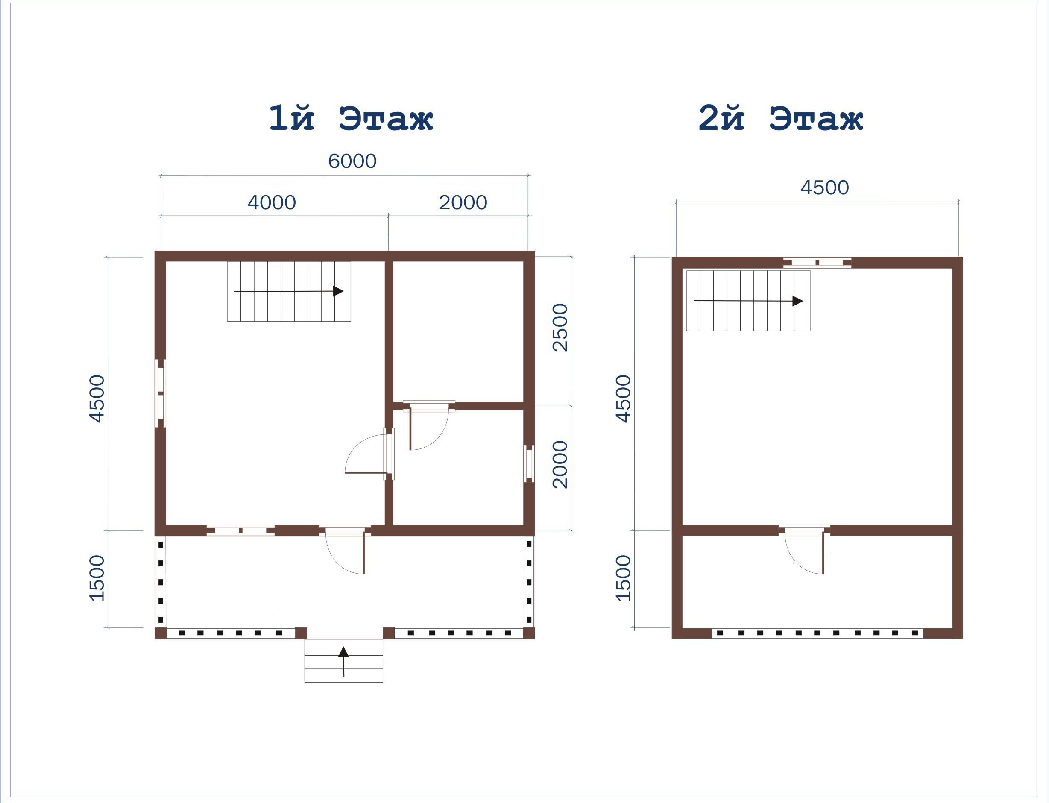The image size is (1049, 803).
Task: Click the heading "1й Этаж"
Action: (x=351, y=118)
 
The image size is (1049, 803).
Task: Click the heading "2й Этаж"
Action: (x=781, y=118)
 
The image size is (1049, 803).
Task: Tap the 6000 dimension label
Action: (x=352, y=161)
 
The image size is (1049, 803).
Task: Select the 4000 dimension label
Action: (x=272, y=202)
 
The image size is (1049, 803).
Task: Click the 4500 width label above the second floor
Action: (x=824, y=188)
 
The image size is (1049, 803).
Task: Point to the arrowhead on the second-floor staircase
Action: (x=797, y=301)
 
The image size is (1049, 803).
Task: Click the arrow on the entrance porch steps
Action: (x=343, y=662)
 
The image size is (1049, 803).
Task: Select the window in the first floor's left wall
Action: (x=161, y=393)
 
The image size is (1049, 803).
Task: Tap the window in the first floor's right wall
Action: (x=529, y=463)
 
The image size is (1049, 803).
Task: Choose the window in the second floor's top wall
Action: (x=817, y=262)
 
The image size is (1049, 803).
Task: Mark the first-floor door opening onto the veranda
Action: (x=345, y=550)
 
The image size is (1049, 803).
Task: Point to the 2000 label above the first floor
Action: (x=463, y=202)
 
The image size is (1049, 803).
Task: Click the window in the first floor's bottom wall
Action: (x=240, y=530)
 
